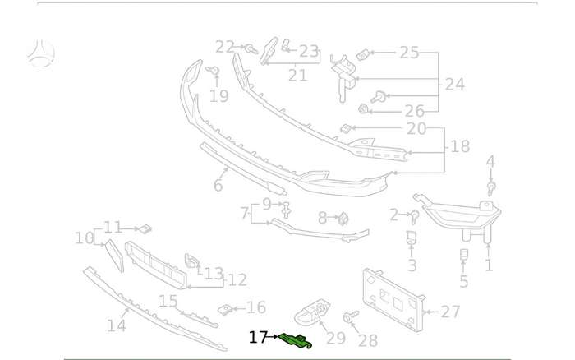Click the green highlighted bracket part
(x=295, y=340)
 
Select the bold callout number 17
(x=258, y=337)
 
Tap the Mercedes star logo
(x=41, y=53)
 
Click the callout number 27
(x=450, y=312)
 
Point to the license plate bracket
(x=393, y=299)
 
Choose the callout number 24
(x=455, y=84)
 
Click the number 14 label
(x=117, y=325)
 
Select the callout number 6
(x=218, y=185)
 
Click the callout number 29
(x=335, y=338)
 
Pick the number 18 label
(x=460, y=146)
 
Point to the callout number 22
(x=225, y=47)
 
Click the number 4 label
(x=490, y=161)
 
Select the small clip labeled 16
(x=226, y=310)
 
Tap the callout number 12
(x=237, y=280)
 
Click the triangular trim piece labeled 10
(x=115, y=256)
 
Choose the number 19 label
(x=219, y=96)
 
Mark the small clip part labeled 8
(x=343, y=219)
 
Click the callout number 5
(x=464, y=281)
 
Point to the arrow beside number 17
(x=274, y=336)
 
